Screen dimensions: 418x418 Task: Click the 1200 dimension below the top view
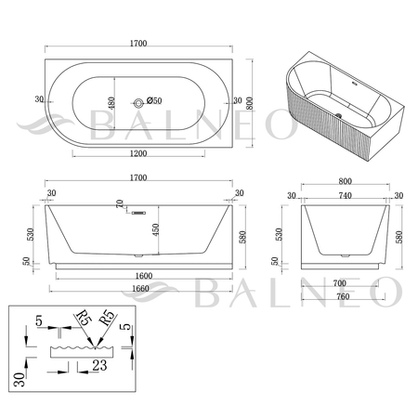[x=138, y=153]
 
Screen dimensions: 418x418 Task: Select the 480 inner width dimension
[x=111, y=103]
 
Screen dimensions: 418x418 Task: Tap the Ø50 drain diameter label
[x=154, y=100]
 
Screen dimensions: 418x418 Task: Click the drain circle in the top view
[x=138, y=103]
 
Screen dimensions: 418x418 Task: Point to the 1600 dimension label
[x=144, y=276]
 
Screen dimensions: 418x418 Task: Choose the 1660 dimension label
[x=140, y=289]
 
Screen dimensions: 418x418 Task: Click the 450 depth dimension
[x=155, y=229]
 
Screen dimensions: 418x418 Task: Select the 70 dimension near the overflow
[x=120, y=203]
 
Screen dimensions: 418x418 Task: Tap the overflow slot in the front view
[x=138, y=213]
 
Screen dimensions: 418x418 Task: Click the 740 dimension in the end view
[x=345, y=196]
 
